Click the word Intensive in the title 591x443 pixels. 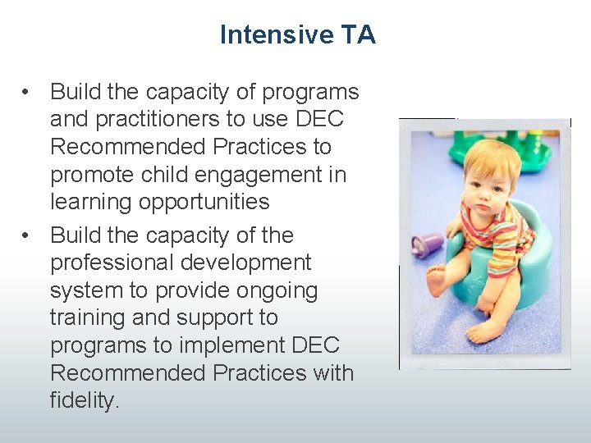[x=264, y=35]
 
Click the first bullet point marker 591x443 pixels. [x=28, y=92]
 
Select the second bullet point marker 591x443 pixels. [x=28, y=235]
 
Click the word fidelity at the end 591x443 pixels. [x=84, y=401]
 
